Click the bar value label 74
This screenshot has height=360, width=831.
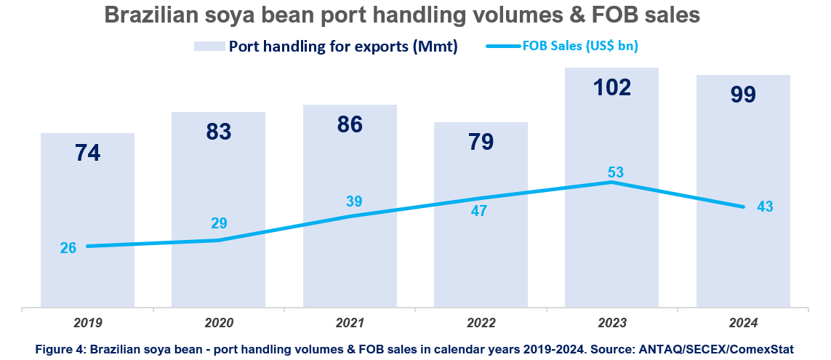pyautogui.click(x=87, y=153)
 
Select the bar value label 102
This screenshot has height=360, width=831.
pyautogui.click(x=611, y=87)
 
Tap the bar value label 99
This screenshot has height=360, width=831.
pyautogui.click(x=743, y=95)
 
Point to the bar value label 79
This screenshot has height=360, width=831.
pyautogui.click(x=481, y=142)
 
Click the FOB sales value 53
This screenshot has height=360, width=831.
pyautogui.click(x=616, y=172)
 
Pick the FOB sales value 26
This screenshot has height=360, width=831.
pyautogui.click(x=68, y=248)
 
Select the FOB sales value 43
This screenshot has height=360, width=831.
pyautogui.click(x=764, y=207)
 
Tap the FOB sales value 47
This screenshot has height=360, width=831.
pyautogui.click(x=478, y=212)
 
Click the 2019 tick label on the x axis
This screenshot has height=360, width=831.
pyautogui.click(x=88, y=323)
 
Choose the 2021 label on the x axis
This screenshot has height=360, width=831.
pyautogui.click(x=350, y=323)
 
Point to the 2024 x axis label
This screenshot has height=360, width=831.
pyautogui.click(x=743, y=323)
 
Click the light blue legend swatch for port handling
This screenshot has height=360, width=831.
pyautogui.click(x=208, y=47)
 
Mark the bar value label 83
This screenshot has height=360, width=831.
pyautogui.click(x=218, y=132)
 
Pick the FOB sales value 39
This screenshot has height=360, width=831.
pyautogui.click(x=354, y=201)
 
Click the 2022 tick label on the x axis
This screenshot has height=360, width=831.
pyautogui.click(x=481, y=323)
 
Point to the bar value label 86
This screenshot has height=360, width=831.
pyautogui.click(x=350, y=124)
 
